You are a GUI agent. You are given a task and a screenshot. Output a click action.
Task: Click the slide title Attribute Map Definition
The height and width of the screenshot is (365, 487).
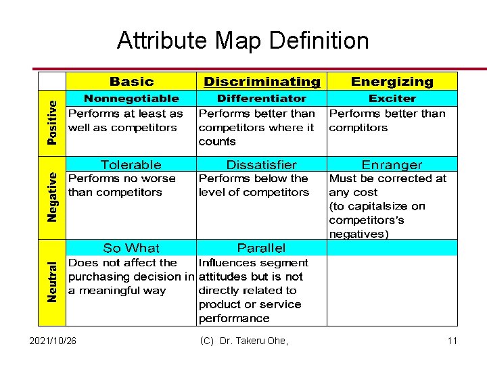(x=243, y=41)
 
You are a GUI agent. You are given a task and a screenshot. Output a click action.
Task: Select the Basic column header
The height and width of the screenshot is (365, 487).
(x=131, y=81)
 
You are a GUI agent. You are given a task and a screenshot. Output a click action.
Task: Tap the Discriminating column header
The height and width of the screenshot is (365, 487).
(x=262, y=82)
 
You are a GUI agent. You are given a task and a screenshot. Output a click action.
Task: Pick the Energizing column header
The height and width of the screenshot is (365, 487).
(x=392, y=82)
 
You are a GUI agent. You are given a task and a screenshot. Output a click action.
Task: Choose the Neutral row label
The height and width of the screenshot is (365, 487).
(x=53, y=282)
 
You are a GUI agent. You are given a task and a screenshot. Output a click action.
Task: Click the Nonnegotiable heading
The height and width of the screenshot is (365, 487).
(x=131, y=99)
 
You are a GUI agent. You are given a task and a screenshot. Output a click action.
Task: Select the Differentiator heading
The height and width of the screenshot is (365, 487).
(x=262, y=99)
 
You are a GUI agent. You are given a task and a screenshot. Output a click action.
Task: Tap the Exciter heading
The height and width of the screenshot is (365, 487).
(x=392, y=99)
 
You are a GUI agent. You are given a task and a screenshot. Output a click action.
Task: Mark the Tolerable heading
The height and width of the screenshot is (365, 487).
(x=131, y=164)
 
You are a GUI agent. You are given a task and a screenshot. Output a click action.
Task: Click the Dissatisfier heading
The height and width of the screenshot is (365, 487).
(x=262, y=164)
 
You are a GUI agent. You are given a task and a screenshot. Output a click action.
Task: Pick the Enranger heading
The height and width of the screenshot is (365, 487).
(x=392, y=164)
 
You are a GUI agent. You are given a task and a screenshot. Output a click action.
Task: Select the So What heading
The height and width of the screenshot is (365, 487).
(x=131, y=248)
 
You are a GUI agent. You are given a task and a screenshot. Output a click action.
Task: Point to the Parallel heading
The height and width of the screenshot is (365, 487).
(x=262, y=248)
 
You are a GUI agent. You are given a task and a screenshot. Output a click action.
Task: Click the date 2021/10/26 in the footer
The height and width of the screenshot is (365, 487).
(x=53, y=341)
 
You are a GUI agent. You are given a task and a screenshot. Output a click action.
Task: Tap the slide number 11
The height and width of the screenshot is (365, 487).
(x=452, y=341)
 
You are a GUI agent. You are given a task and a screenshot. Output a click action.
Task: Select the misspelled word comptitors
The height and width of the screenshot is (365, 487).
(x=358, y=128)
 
